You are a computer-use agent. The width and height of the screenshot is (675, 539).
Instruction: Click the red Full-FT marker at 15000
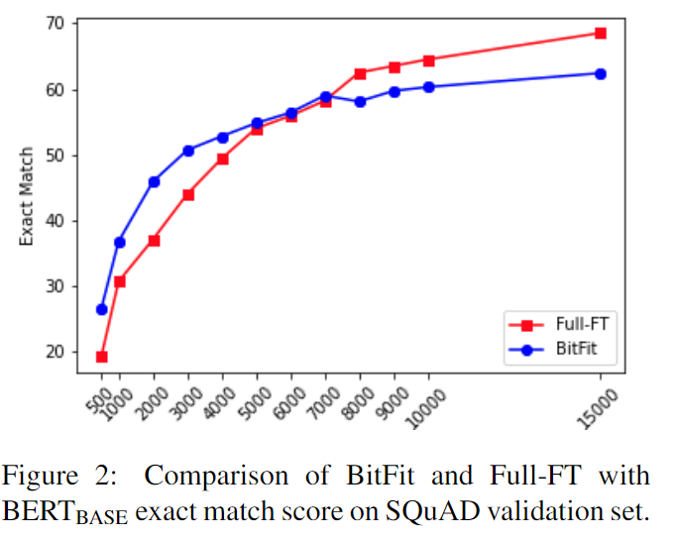(x=600, y=33)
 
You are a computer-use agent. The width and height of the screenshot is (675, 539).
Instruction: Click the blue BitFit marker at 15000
(x=600, y=73)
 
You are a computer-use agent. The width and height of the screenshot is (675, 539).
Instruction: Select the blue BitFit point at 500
(x=101, y=309)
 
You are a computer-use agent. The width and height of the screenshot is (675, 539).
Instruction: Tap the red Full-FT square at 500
(x=101, y=357)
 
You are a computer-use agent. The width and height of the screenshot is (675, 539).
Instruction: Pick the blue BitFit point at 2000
(x=154, y=181)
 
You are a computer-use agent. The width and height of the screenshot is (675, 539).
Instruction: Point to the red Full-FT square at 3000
(x=188, y=194)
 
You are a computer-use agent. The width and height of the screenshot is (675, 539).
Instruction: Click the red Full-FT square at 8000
(x=360, y=73)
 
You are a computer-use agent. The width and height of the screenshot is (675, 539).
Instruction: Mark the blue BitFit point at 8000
(x=360, y=102)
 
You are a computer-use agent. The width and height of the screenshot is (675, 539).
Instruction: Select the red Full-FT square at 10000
(x=428, y=60)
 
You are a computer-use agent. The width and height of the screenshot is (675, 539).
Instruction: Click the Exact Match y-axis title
(x=28, y=196)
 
